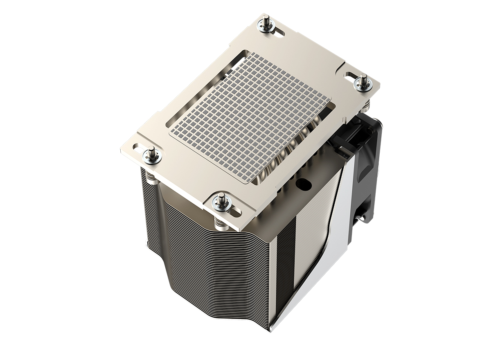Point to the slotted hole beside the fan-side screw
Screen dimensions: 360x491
click(351, 76)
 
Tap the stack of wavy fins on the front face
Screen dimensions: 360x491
click(213, 266)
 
